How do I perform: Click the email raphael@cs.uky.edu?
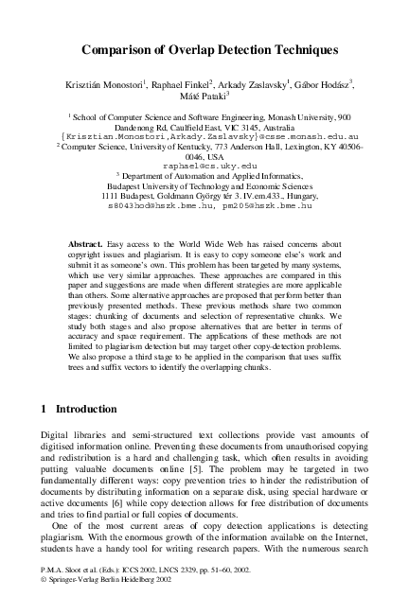pyautogui.click(x=204, y=166)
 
